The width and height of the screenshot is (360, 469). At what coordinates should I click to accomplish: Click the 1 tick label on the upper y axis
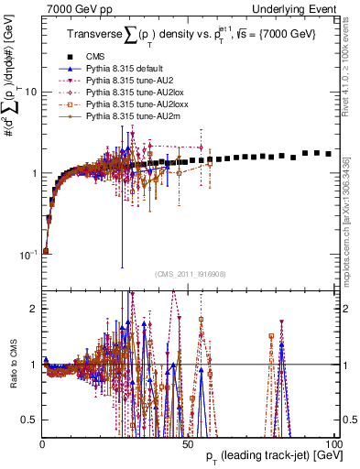click(x=33, y=173)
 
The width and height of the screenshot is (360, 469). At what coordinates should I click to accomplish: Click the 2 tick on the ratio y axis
click(x=33, y=309)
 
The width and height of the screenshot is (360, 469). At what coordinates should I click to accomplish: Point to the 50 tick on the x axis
click(x=188, y=443)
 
